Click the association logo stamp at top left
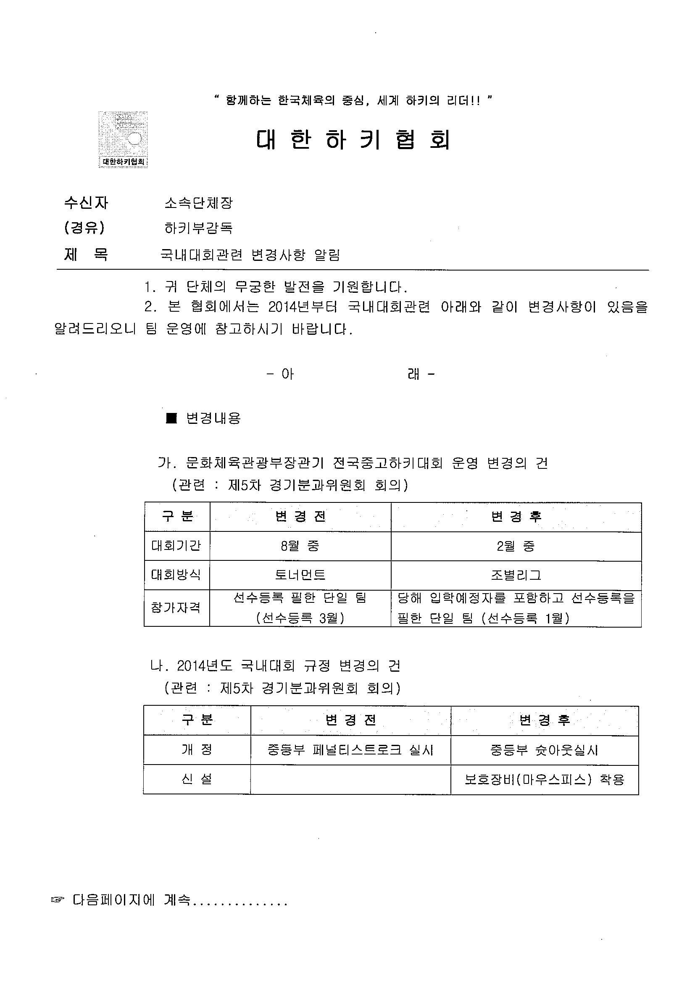tap(124, 139)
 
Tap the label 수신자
tap(86, 202)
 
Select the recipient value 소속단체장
tap(198, 202)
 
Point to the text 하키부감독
tap(198, 228)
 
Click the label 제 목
tap(86, 255)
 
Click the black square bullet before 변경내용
tap(171, 418)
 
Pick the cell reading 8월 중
tap(300, 546)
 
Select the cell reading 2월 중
tap(516, 546)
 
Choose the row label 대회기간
tap(176, 546)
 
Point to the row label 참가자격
tap(176, 608)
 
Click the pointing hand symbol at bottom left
tap(58, 900)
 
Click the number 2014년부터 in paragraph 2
tap(303, 307)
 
